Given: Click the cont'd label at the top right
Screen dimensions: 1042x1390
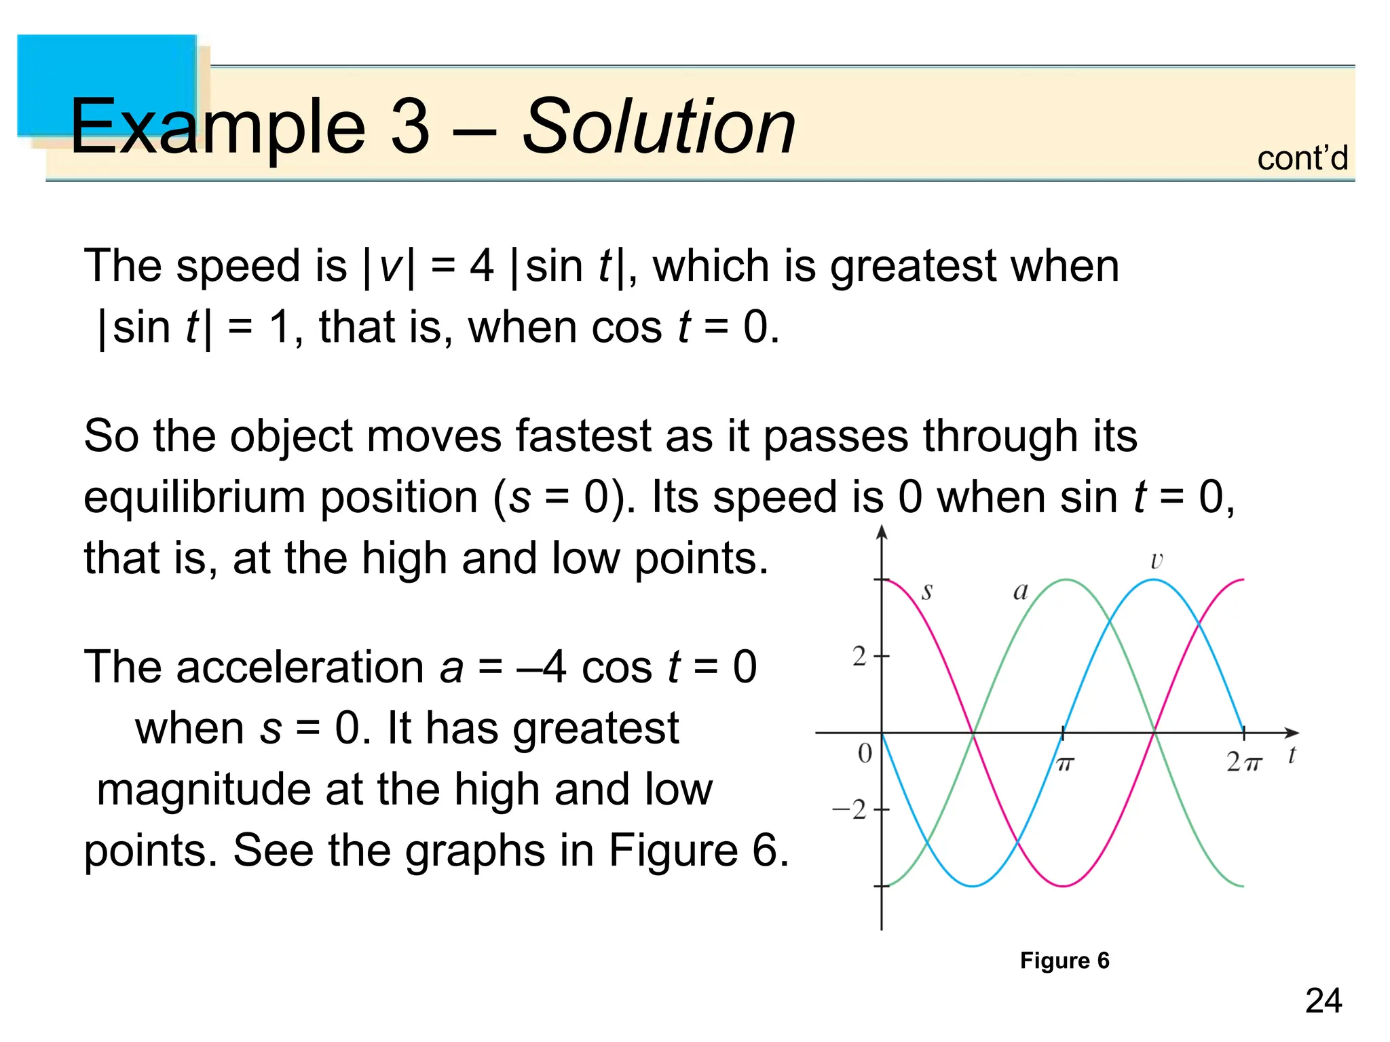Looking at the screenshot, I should [x=1302, y=159].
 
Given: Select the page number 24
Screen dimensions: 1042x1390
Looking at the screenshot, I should [x=1323, y=1001].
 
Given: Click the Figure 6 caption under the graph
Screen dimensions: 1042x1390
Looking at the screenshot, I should [x=1064, y=961].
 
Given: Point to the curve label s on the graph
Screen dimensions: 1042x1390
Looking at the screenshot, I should [x=927, y=592].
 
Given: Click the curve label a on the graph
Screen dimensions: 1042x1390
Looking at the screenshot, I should [x=1020, y=592].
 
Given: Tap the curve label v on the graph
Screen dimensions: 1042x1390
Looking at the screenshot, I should [x=1157, y=561].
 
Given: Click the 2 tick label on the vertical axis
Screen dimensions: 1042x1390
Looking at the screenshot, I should [x=859, y=657].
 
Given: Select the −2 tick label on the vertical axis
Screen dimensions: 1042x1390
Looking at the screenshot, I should [x=850, y=810].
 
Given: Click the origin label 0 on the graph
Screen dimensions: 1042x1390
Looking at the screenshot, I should [x=865, y=754].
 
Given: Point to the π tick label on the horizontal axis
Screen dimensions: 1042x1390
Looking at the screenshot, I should [x=1064, y=765].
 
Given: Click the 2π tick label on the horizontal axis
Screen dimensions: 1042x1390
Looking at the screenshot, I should [x=1243, y=763].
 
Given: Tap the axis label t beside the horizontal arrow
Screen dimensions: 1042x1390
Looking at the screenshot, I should [x=1292, y=755].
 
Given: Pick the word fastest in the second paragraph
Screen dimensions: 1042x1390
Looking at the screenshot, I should [x=584, y=436].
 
